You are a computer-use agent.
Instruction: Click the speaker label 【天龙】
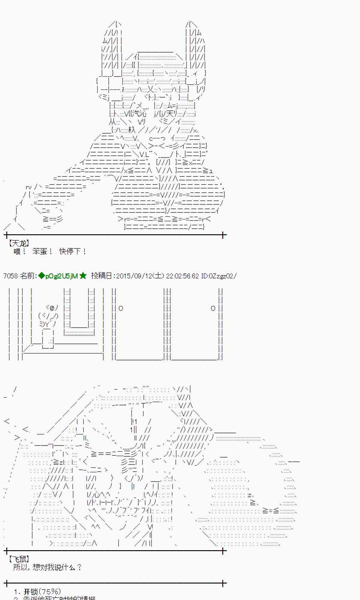(19, 243)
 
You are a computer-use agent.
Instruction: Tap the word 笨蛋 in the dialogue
(40, 251)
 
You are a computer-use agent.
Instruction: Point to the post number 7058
(10, 276)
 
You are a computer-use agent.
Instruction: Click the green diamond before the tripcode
(41, 276)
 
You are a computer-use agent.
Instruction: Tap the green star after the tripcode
(83, 276)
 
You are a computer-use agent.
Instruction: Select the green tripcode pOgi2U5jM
(61, 276)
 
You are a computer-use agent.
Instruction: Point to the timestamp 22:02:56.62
(182, 276)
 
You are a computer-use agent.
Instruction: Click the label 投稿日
(102, 276)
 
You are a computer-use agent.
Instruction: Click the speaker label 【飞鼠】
(19, 559)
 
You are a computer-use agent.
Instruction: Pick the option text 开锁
(31, 592)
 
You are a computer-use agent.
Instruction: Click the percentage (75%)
(50, 592)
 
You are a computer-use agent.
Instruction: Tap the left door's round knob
(121, 308)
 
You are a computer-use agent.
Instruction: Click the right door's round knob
(213, 308)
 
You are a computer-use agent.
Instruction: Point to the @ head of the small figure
(52, 308)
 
